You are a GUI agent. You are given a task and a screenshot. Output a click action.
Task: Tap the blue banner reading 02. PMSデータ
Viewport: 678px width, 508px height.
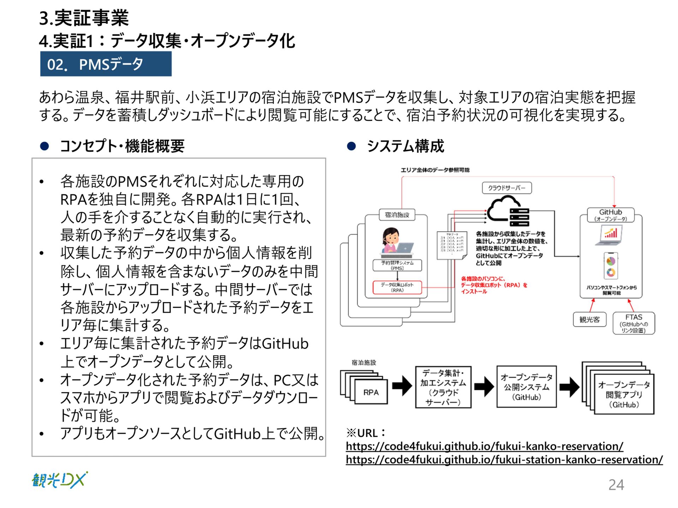(106, 64)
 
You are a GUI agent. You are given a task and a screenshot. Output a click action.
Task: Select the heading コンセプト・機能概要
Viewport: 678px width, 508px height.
(122, 146)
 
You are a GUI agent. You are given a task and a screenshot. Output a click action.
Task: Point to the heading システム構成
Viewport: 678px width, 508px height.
(405, 146)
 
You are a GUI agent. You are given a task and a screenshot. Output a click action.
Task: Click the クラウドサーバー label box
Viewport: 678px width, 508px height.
(506, 188)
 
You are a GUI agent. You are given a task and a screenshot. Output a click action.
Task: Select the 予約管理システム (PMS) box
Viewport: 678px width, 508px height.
(397, 265)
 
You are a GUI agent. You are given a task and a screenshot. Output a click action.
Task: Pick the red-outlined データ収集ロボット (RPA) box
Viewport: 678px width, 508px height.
(397, 287)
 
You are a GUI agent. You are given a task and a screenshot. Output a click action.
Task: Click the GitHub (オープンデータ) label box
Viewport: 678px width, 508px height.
(611, 214)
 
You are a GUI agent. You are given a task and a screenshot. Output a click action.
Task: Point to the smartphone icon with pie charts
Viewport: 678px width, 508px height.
(611, 266)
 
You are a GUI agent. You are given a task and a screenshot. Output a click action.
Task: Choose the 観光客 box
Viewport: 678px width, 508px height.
(589, 319)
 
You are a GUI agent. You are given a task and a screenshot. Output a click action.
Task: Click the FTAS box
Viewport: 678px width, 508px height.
(634, 323)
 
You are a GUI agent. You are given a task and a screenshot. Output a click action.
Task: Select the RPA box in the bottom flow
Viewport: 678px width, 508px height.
(371, 392)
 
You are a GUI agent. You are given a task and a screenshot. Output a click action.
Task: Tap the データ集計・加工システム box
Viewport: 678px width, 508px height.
(443, 387)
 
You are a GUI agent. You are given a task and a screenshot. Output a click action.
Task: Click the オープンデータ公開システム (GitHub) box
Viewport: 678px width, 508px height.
(526, 387)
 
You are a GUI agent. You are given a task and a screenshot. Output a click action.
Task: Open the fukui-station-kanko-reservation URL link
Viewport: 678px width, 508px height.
(504, 460)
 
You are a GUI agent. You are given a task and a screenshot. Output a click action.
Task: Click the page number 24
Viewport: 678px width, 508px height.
(616, 484)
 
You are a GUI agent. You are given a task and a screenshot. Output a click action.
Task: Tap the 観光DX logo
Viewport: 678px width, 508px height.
(59, 480)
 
